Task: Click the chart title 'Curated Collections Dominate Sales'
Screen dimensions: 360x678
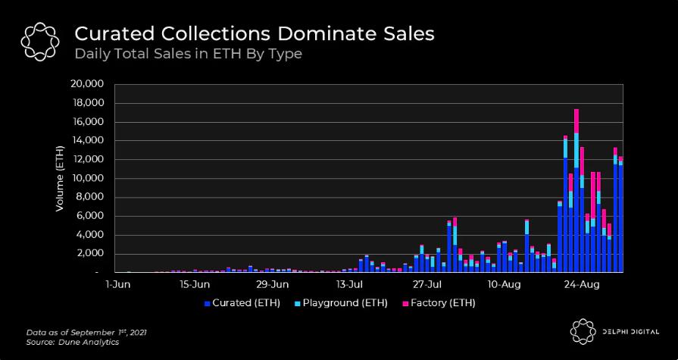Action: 254,34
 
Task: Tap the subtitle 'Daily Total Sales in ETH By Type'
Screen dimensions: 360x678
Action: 188,54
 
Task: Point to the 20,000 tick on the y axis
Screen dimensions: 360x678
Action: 88,84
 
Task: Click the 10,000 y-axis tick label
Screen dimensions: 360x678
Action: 88,178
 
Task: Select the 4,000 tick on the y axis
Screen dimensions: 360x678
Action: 91,235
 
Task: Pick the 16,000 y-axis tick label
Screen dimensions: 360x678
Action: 88,122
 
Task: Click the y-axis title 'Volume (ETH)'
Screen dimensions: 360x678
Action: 60,178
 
